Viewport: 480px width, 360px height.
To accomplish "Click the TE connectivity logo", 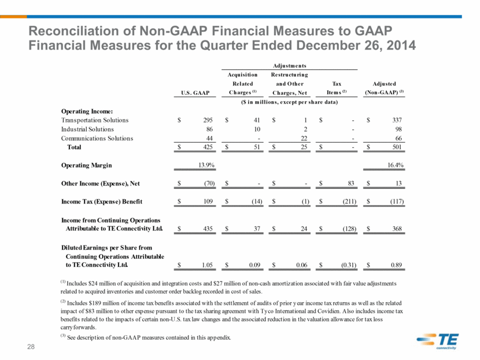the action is point(437,341).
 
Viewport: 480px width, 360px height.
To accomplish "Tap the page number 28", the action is point(31,347).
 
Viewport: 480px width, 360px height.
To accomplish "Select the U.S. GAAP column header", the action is point(195,92).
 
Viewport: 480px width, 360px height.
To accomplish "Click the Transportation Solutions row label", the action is point(95,120).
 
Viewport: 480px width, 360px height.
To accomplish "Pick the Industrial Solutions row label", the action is point(87,129).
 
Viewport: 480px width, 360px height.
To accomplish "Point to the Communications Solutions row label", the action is point(97,138).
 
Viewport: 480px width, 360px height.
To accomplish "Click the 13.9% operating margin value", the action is point(206,165).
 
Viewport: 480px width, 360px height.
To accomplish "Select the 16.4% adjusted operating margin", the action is point(395,165).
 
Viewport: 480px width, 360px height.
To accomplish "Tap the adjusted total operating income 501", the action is point(397,147).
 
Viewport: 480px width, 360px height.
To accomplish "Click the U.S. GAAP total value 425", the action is point(208,147).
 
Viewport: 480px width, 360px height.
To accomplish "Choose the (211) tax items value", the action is point(349,201).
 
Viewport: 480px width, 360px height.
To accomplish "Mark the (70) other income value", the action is point(209,183).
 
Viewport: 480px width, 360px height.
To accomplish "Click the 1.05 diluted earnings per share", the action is point(207,265).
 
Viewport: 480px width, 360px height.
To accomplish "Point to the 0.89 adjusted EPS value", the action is point(396,265).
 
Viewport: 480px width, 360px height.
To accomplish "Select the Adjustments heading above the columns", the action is point(290,66).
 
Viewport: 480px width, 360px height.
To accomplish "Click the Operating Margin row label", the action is point(87,165).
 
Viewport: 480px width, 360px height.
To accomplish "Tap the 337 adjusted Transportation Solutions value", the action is point(397,120).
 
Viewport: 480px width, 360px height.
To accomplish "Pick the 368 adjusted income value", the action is point(397,228).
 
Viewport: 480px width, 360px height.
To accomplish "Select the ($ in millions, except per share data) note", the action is point(289,102).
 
